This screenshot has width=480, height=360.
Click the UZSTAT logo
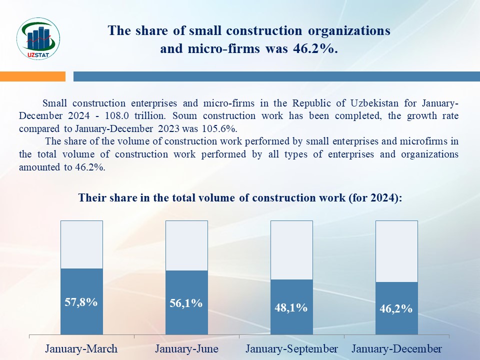38,38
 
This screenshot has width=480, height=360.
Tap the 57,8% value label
81,302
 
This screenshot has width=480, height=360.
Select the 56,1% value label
186,303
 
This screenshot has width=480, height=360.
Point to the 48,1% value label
291,307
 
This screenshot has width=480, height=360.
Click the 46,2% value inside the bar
396,308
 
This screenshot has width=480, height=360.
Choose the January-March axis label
81,348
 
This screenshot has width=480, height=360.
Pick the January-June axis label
186,348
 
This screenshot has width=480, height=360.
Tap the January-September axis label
291,348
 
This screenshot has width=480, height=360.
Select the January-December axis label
396,348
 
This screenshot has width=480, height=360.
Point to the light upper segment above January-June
186,245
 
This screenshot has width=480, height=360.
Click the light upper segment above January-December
396,251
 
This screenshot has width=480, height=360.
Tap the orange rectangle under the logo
32,76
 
